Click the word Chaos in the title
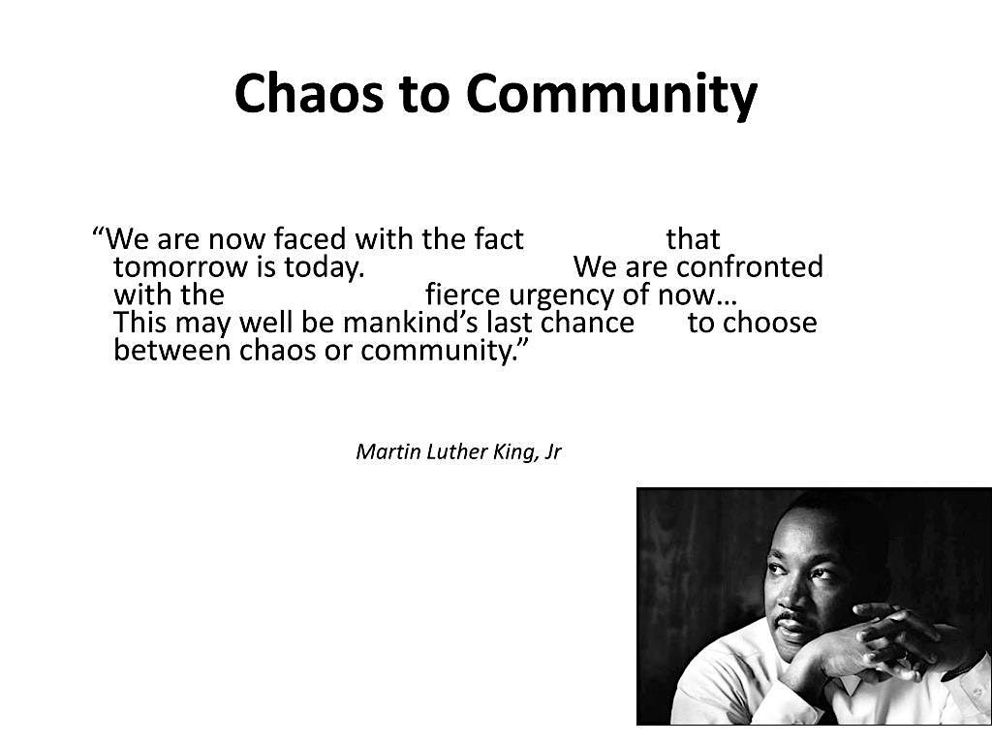(x=309, y=93)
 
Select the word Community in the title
(x=611, y=96)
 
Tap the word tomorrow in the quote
(x=179, y=267)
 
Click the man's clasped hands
(x=898, y=639)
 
